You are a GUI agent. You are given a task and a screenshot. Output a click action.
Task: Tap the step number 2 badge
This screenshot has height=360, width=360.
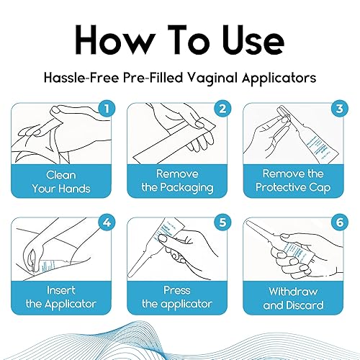222,110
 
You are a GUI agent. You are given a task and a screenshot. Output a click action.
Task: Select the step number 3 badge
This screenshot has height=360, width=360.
338,110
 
